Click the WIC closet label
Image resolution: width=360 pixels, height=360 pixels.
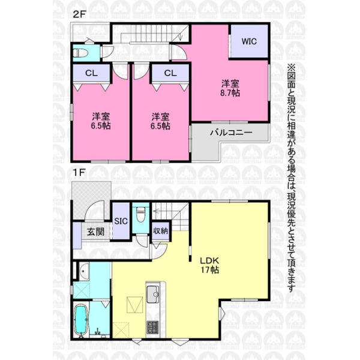tap(249, 41)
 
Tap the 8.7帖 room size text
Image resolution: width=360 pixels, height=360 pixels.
tap(230, 93)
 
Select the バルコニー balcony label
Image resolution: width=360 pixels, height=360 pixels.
tap(231, 133)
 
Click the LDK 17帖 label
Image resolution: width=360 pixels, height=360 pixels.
tap(209, 265)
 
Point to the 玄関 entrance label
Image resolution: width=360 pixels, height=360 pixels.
tap(95, 232)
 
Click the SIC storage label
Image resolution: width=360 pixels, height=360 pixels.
tap(121, 221)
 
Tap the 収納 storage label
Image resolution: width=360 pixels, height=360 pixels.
tap(161, 231)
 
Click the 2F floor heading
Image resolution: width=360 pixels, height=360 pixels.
tap(79, 14)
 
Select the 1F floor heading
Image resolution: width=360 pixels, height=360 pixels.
tap(79, 172)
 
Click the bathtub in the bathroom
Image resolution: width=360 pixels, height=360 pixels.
tap(80, 320)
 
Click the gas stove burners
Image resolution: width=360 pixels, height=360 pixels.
tap(152, 328)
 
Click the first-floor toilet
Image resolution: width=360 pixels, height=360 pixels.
tap(141, 214)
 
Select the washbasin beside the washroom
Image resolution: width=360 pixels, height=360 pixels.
tap(84, 271)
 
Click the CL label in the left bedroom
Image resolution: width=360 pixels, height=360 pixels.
tap(91, 73)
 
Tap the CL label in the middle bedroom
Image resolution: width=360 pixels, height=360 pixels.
tap(170, 73)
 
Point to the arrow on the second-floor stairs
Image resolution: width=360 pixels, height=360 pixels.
tap(181, 36)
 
